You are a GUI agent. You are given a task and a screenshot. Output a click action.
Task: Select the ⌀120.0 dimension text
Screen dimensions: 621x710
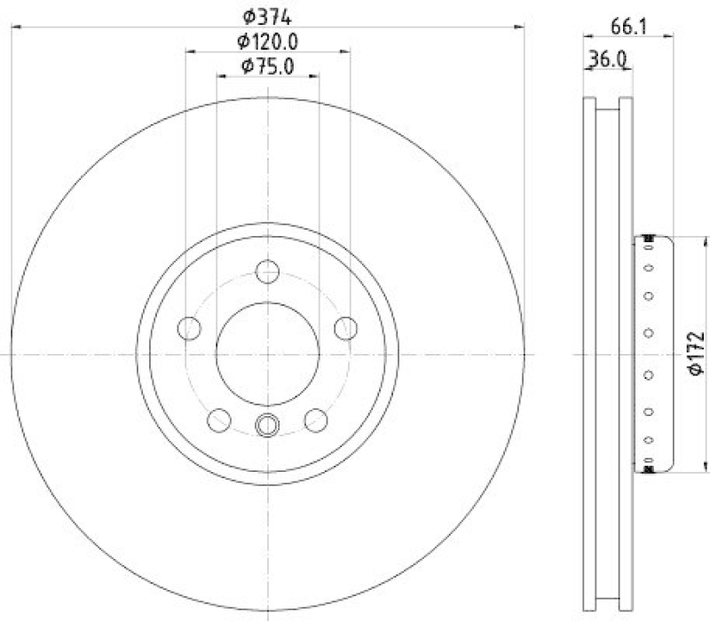pyautogui.click(x=267, y=40)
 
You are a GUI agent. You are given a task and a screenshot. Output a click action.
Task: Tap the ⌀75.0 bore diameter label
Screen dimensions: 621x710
pyautogui.click(x=267, y=65)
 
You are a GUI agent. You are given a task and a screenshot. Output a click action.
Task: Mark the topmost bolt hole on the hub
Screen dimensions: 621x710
pyautogui.click(x=267, y=271)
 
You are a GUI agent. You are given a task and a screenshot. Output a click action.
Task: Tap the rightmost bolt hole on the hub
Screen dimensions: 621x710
pyautogui.click(x=345, y=327)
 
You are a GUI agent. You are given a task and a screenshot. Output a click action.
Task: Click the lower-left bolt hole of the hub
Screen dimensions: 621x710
pyautogui.click(x=218, y=419)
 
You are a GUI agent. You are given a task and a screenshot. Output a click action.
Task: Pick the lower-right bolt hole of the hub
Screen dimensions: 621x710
pyautogui.click(x=316, y=419)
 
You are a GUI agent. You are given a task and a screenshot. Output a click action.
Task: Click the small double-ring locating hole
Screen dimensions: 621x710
pyautogui.click(x=267, y=426)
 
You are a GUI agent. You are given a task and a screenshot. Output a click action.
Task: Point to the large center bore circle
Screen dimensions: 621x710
pyautogui.click(x=267, y=352)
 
